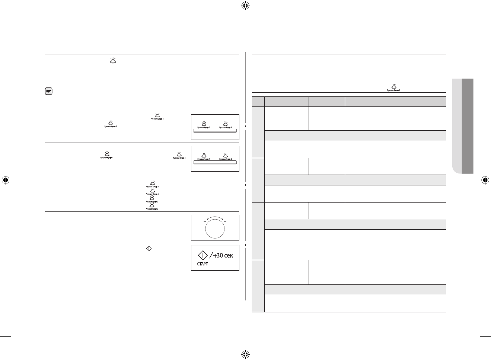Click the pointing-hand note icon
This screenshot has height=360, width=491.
tap(48, 91)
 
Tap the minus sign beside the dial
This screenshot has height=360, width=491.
tap(204, 221)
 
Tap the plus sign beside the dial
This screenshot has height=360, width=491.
tap(225, 221)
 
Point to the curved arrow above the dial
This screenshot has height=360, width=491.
tap(215, 218)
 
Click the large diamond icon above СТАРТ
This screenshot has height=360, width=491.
tap(203, 256)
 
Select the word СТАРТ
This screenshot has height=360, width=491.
tap(203, 265)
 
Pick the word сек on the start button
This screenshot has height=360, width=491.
tap(229, 256)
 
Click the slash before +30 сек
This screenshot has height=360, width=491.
tap(211, 256)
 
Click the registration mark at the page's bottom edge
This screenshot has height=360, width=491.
tap(245, 354)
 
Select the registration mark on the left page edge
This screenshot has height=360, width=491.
tap(6, 180)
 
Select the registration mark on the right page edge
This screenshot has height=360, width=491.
tap(485, 180)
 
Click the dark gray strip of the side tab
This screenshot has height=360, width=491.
tap(467, 126)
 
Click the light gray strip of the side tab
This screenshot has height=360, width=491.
tap(456, 126)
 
